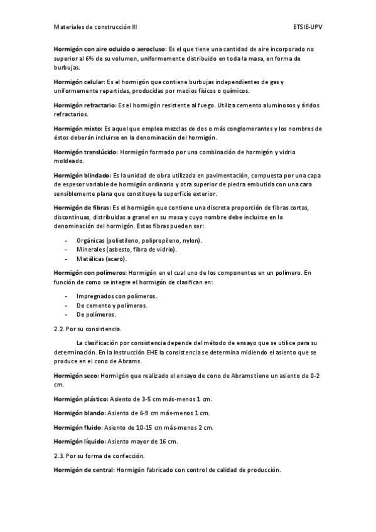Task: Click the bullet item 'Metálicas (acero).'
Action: pyautogui.click(x=102, y=258)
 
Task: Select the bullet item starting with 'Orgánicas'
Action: pyautogui.click(x=139, y=241)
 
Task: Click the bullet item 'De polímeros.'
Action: pyautogui.click(x=96, y=314)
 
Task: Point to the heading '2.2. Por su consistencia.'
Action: pyautogui.click(x=88, y=328)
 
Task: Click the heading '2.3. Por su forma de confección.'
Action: pyautogui.click(x=99, y=455)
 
